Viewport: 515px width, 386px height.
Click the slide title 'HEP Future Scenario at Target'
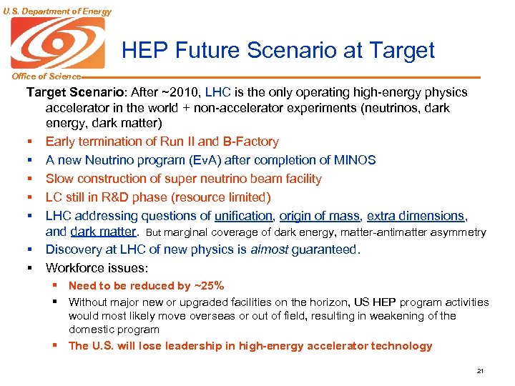coord(278,50)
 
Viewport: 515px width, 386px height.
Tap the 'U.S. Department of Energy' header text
coord(57,11)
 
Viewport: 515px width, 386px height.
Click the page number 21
coord(479,371)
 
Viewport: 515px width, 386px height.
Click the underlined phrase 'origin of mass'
coord(320,216)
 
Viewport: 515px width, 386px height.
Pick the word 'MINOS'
coord(352,160)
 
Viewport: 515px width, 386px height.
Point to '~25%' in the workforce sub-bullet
coord(209,286)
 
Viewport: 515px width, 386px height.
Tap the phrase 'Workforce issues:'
coord(97,268)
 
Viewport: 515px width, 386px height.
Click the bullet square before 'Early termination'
coord(31,142)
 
